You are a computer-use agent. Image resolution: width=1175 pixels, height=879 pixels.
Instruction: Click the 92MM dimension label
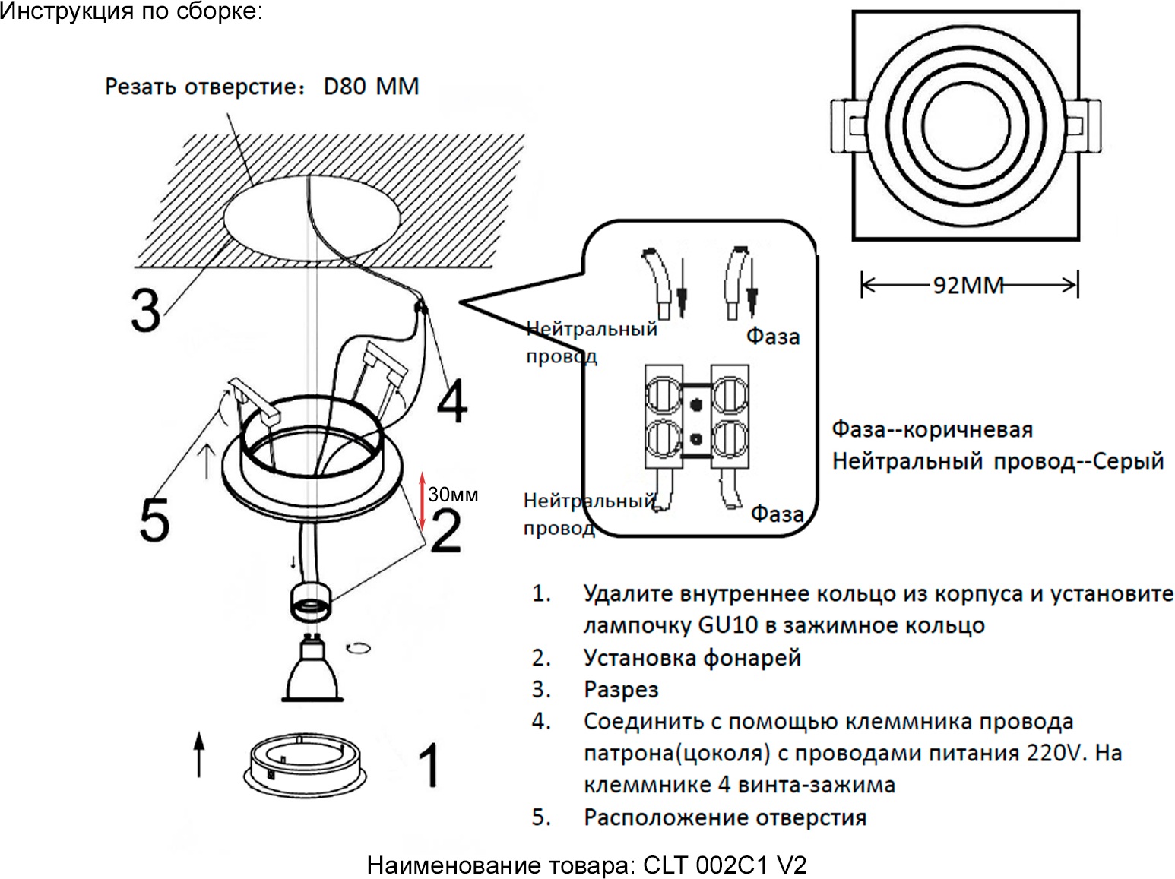click(x=968, y=286)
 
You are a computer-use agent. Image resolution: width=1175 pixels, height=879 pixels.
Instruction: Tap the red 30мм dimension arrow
click(x=423, y=502)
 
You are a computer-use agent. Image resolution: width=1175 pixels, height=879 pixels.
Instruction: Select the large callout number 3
click(x=146, y=309)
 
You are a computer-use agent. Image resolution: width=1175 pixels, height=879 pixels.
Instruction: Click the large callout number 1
click(x=429, y=765)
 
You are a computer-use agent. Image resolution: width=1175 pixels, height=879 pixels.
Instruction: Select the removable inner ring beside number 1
click(x=306, y=764)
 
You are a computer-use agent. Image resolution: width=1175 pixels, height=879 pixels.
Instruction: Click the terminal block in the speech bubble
click(x=696, y=416)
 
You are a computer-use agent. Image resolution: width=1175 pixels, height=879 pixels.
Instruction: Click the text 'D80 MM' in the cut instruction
click(x=371, y=87)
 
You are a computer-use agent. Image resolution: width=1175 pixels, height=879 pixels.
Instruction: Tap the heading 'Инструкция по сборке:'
click(x=131, y=12)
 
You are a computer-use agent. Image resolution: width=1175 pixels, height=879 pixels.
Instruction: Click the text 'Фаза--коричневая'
click(x=932, y=429)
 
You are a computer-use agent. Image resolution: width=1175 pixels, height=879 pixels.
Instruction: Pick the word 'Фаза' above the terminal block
click(x=772, y=336)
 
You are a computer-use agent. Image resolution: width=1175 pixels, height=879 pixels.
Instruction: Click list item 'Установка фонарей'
click(x=692, y=657)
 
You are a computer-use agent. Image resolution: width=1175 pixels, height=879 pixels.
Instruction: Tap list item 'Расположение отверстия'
click(x=724, y=817)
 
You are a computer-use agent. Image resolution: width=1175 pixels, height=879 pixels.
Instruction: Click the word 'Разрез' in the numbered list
click(x=620, y=689)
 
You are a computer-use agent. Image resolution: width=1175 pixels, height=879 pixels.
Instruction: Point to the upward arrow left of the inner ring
click(x=199, y=754)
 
